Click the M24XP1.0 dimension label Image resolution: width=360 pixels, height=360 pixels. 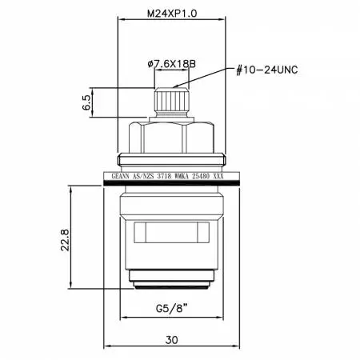pyautogui.click(x=172, y=14)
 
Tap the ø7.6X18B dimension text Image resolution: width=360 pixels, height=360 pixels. pyautogui.click(x=172, y=64)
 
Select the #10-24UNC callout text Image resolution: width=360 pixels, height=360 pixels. pyautogui.click(x=267, y=70)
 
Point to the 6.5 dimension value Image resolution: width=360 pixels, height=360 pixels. pyautogui.click(x=86, y=102)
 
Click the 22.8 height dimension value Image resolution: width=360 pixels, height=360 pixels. pyautogui.click(x=65, y=239)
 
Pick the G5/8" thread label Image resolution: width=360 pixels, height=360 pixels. pyautogui.click(x=172, y=309)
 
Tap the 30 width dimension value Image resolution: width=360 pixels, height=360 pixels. pyautogui.click(x=171, y=340)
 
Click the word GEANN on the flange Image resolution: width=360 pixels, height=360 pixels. pyautogui.click(x=120, y=176)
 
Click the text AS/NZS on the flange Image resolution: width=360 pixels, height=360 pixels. pyautogui.click(x=143, y=176)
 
